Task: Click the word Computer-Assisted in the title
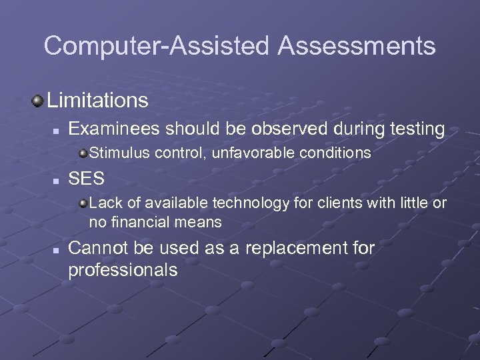pyautogui.click(x=157, y=46)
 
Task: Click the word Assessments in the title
pyautogui.click(x=357, y=46)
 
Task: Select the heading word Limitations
pyautogui.click(x=97, y=101)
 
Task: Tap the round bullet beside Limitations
pyautogui.click(x=37, y=101)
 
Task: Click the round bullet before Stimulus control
pyautogui.click(x=82, y=154)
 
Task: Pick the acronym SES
pyautogui.click(x=85, y=179)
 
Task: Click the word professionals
pyautogui.click(x=123, y=270)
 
